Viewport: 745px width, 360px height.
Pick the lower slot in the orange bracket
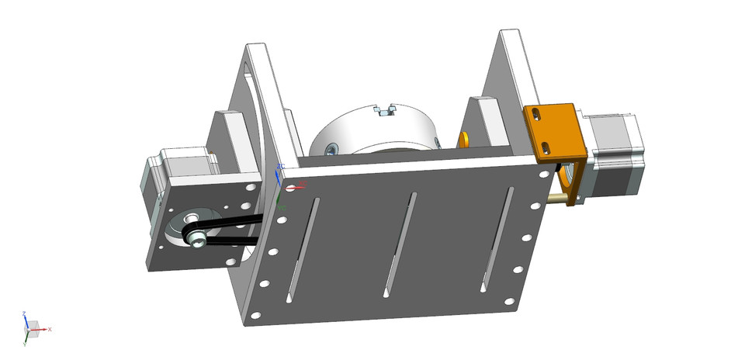[548, 146]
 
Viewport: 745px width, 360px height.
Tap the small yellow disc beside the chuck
[464, 139]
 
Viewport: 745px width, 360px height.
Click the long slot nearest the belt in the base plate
[303, 248]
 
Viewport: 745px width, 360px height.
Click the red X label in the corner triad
[50, 330]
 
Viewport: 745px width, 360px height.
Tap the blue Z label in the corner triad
[25, 314]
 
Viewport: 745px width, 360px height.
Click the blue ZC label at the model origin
[281, 166]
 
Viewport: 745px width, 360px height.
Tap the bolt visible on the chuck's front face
[332, 148]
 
